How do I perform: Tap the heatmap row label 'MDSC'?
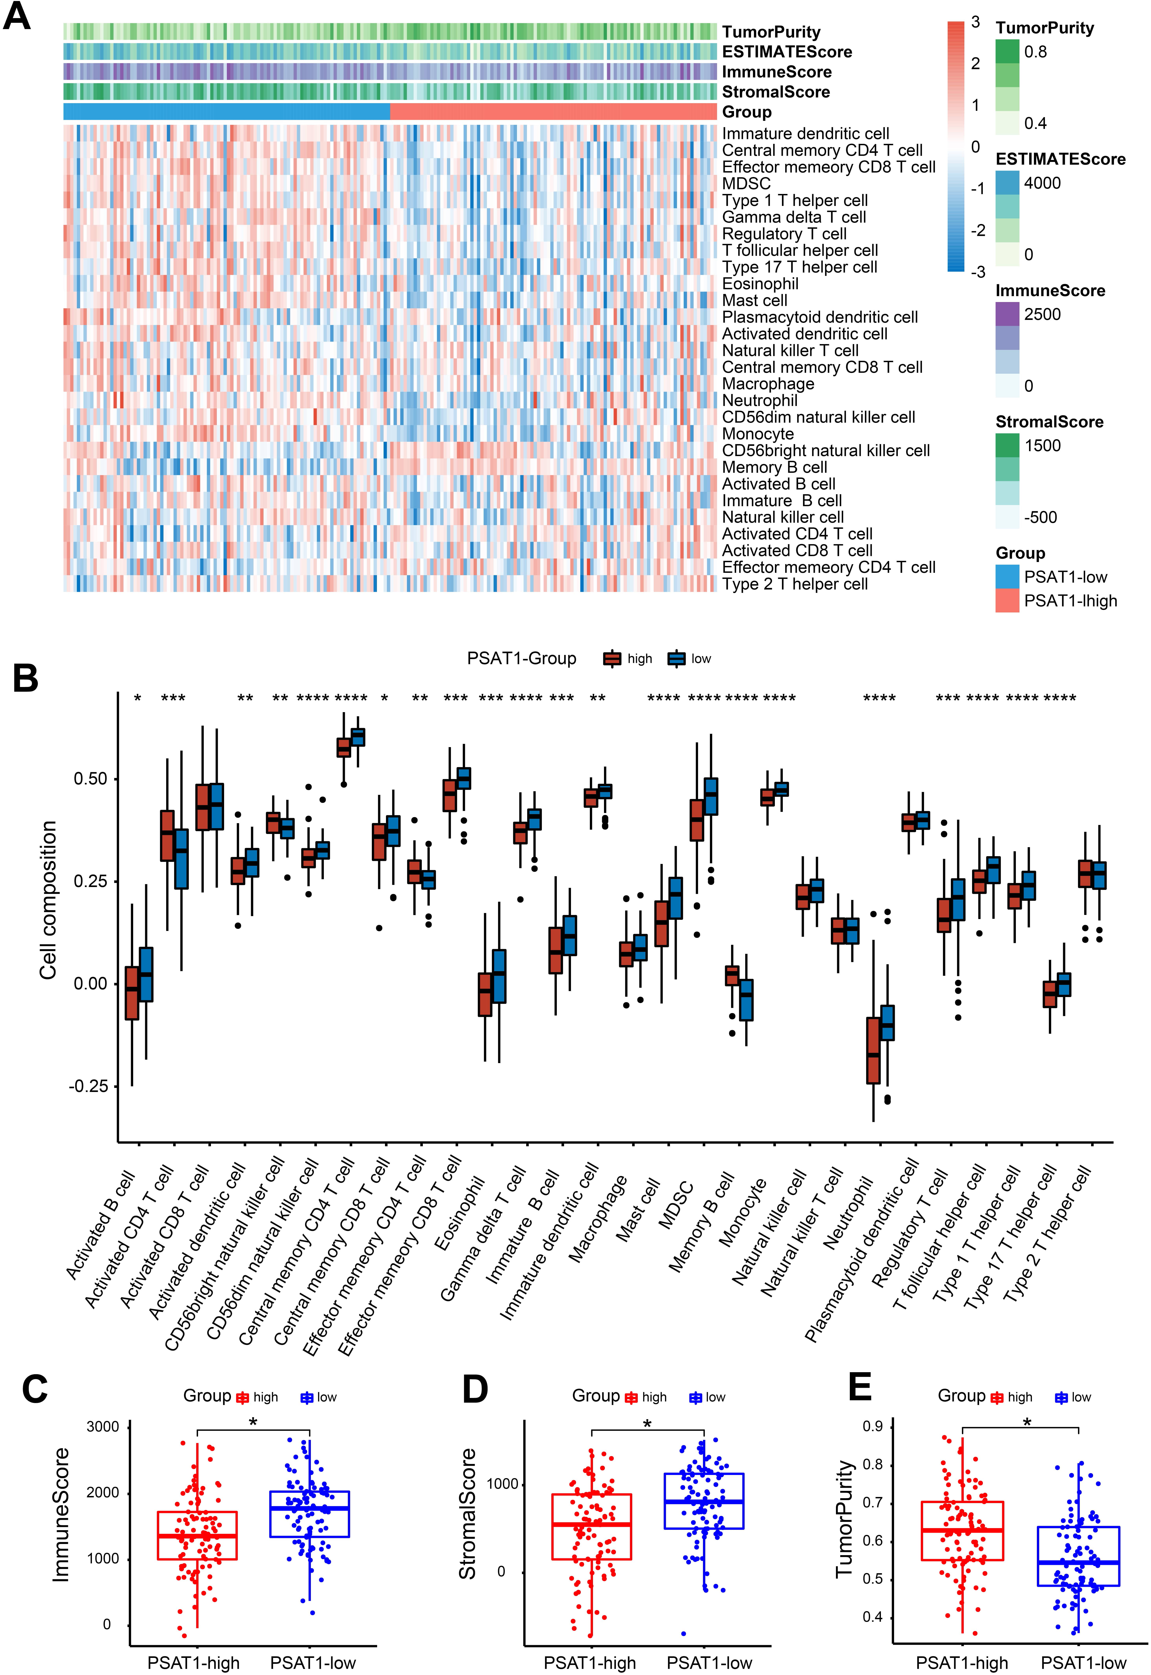point(746,184)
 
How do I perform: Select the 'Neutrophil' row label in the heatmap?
point(760,400)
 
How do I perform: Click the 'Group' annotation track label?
point(747,112)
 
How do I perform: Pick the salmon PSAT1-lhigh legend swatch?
point(1007,601)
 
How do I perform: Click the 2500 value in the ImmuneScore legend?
point(1043,315)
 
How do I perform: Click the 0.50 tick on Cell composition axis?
point(90,779)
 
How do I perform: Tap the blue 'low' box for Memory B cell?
point(746,1000)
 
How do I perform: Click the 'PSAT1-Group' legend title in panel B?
point(521,659)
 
